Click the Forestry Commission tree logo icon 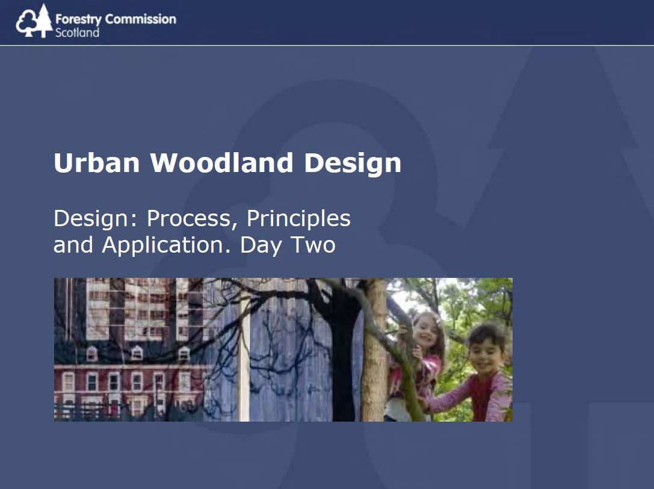34,21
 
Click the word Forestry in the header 78,19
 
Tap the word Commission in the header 141,19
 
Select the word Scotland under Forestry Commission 77,32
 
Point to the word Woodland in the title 222,162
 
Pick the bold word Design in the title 353,164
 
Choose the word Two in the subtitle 313,245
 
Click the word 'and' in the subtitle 73,245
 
